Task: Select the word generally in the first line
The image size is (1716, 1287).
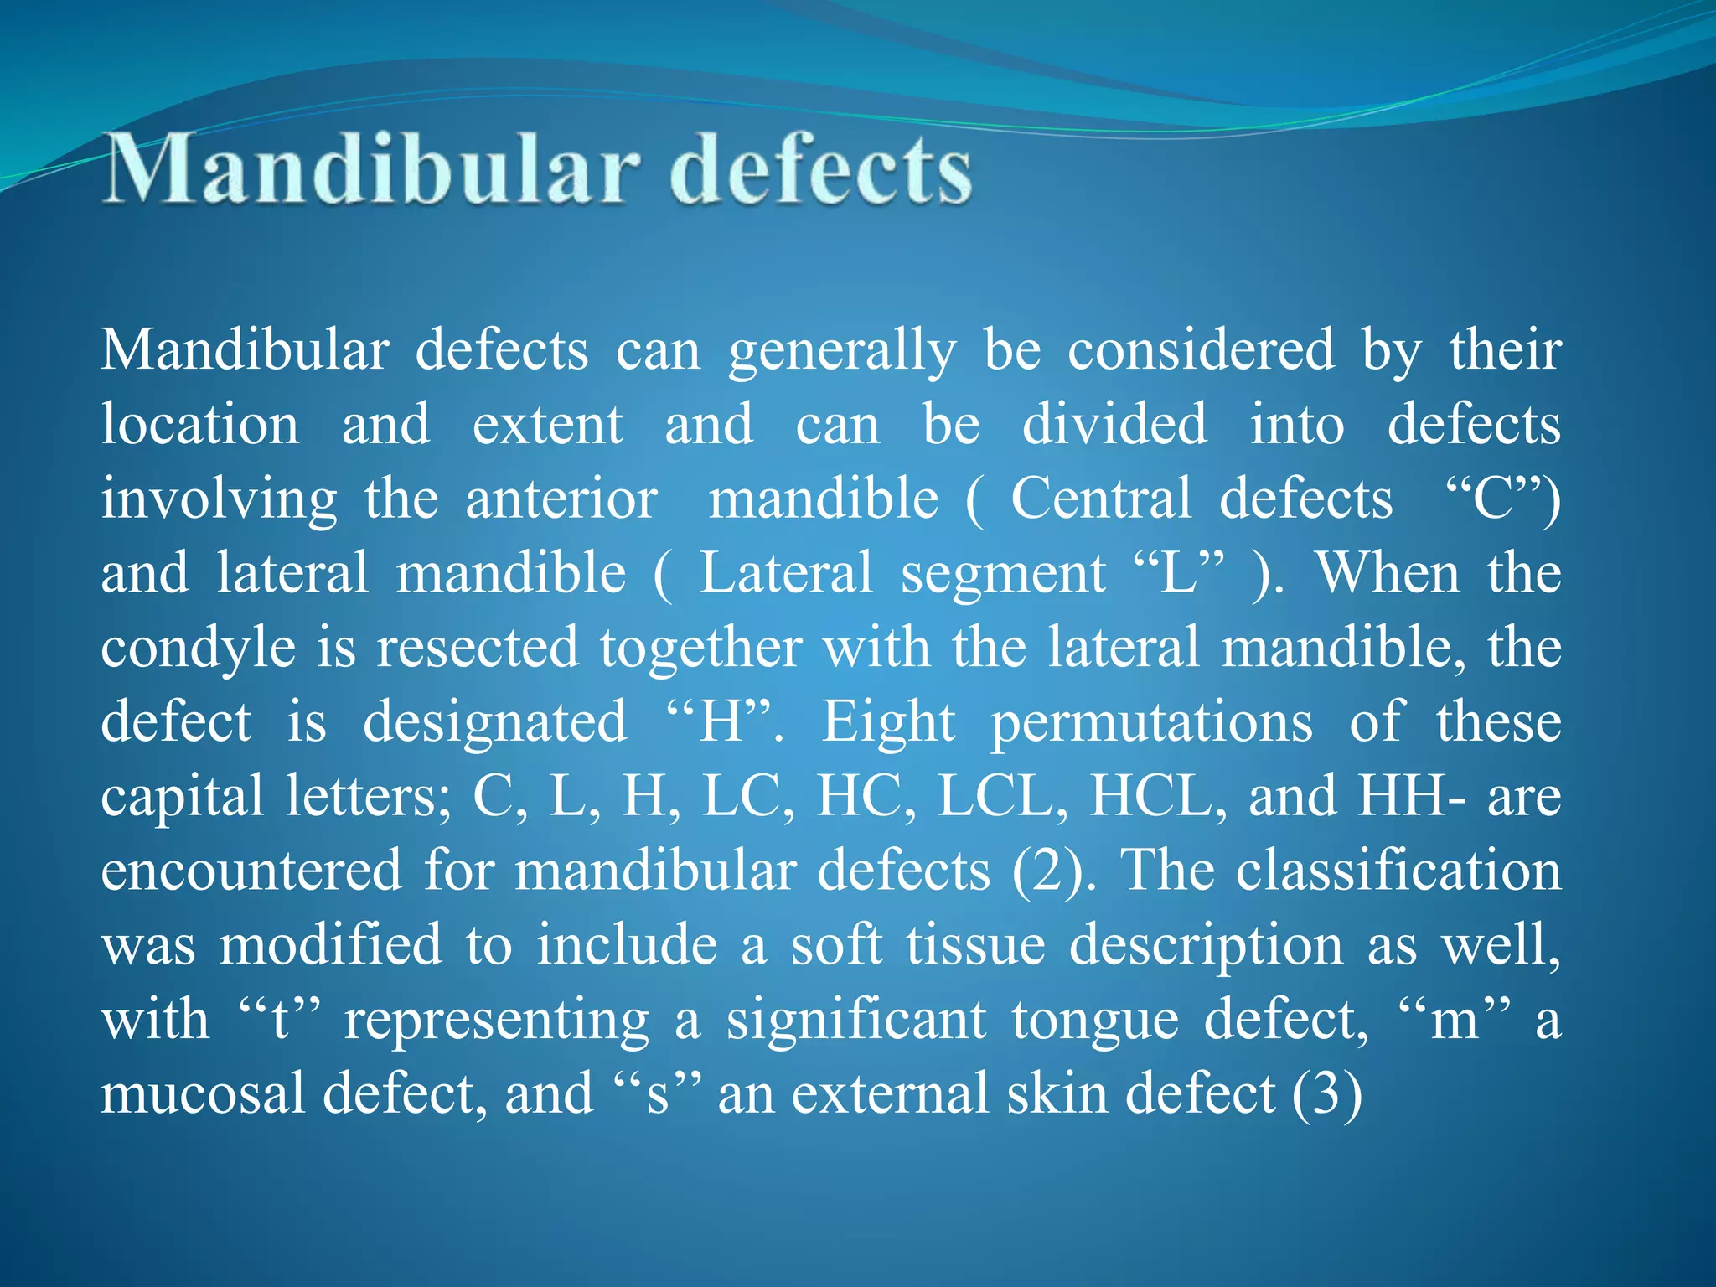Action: coord(841,351)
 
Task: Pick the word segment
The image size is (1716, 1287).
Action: coord(1003,575)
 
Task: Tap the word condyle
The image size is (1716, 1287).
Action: coord(199,649)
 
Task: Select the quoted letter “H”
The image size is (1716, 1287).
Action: coord(720,721)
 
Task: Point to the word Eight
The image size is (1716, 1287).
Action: coord(887,723)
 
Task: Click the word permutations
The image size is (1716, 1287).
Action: coord(1151,723)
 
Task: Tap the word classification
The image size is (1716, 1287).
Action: coord(1398,871)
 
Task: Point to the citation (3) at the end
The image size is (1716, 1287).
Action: coord(1326,1094)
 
